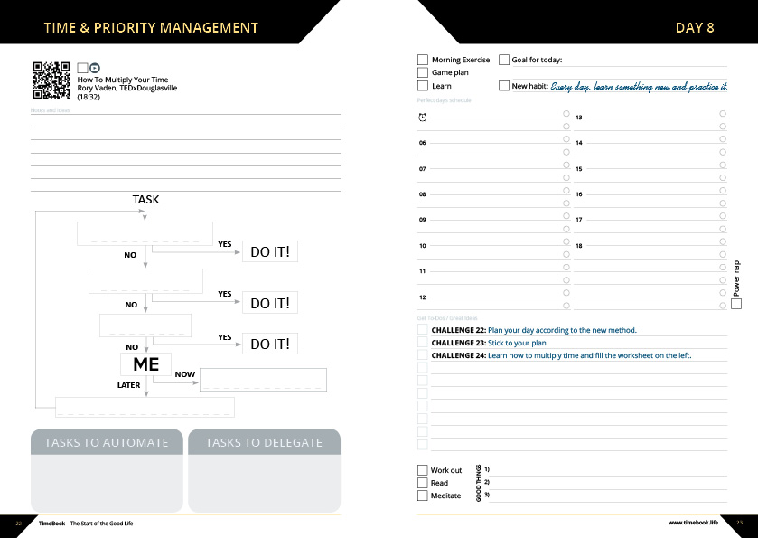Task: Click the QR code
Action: pos(51,80)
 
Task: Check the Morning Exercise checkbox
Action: pos(423,60)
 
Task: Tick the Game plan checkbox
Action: pos(423,72)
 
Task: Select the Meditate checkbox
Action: pos(422,496)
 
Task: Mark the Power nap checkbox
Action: pos(736,304)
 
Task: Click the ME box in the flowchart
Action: pos(145,363)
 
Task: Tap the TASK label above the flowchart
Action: pos(145,199)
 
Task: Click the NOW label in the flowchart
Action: pos(184,374)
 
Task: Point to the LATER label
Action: pos(129,385)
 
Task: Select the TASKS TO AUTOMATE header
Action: pos(107,442)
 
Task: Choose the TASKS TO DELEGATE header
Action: pos(264,442)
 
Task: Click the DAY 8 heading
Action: pos(695,27)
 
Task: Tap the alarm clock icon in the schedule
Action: pos(422,118)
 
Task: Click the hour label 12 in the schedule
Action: pos(422,297)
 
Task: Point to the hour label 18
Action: pos(579,246)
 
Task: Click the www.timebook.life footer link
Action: pos(693,523)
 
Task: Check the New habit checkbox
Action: pos(504,86)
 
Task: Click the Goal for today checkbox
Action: pos(504,60)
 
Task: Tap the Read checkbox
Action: pos(422,483)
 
